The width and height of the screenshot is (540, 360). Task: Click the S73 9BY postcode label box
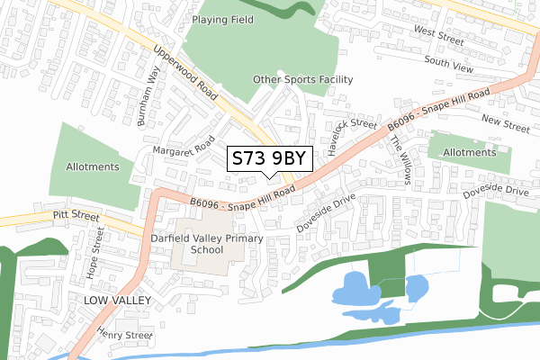[x=270, y=158]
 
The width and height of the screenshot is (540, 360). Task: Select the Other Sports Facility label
[x=302, y=79]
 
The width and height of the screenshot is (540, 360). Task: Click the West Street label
[x=438, y=36]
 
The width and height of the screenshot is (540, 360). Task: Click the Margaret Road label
[x=183, y=146]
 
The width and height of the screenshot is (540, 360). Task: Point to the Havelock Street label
[x=352, y=137]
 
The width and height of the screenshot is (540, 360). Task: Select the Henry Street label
[x=126, y=334]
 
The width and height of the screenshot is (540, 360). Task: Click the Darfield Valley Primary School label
[x=208, y=245]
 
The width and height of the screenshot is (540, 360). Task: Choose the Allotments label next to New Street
[x=469, y=153]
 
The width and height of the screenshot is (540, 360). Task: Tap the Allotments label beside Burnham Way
[x=93, y=167]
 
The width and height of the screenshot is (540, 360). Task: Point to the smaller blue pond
[x=416, y=288]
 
